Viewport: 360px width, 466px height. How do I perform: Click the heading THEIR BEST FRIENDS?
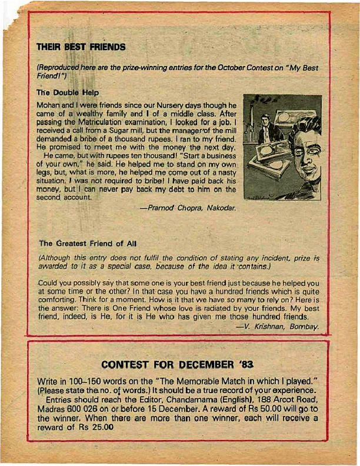pyautogui.click(x=81, y=46)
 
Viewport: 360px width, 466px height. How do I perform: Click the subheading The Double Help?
pyautogui.click(x=68, y=92)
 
